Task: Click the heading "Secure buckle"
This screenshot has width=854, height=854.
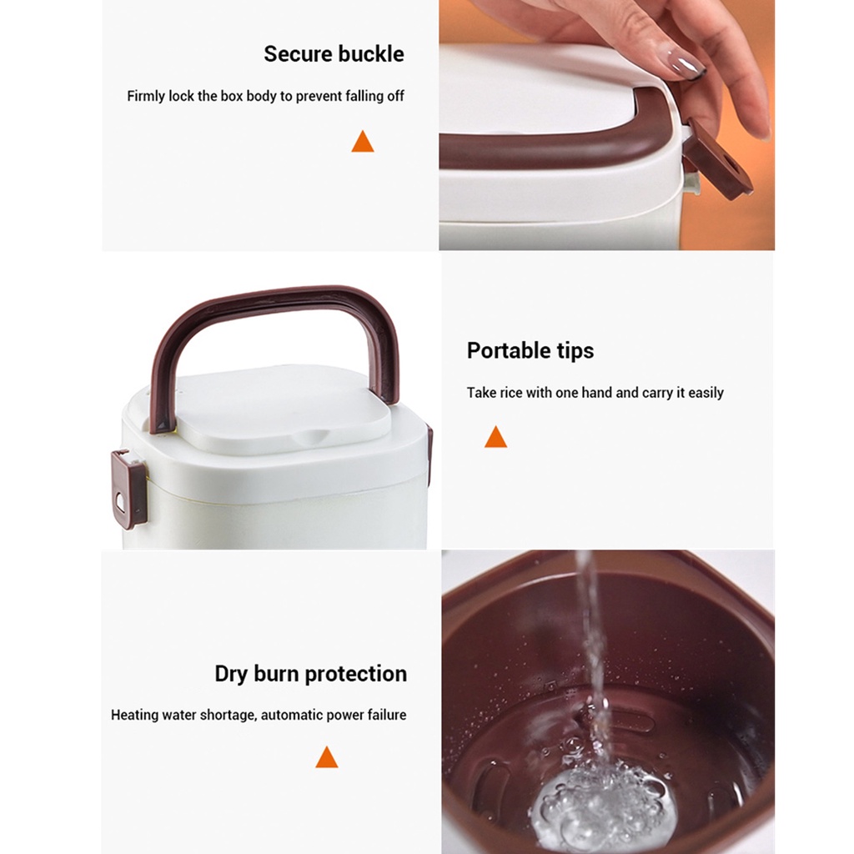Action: [x=334, y=54]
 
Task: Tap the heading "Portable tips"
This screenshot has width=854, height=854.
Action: [x=530, y=350]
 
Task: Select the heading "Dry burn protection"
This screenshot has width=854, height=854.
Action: [x=310, y=674]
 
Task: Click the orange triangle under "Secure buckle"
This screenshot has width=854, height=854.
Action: [x=363, y=141]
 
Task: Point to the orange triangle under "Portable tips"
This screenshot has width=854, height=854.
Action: [x=495, y=437]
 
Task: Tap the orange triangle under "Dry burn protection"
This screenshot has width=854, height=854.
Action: [x=327, y=757]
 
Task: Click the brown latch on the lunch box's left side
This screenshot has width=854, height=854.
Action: [x=128, y=489]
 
